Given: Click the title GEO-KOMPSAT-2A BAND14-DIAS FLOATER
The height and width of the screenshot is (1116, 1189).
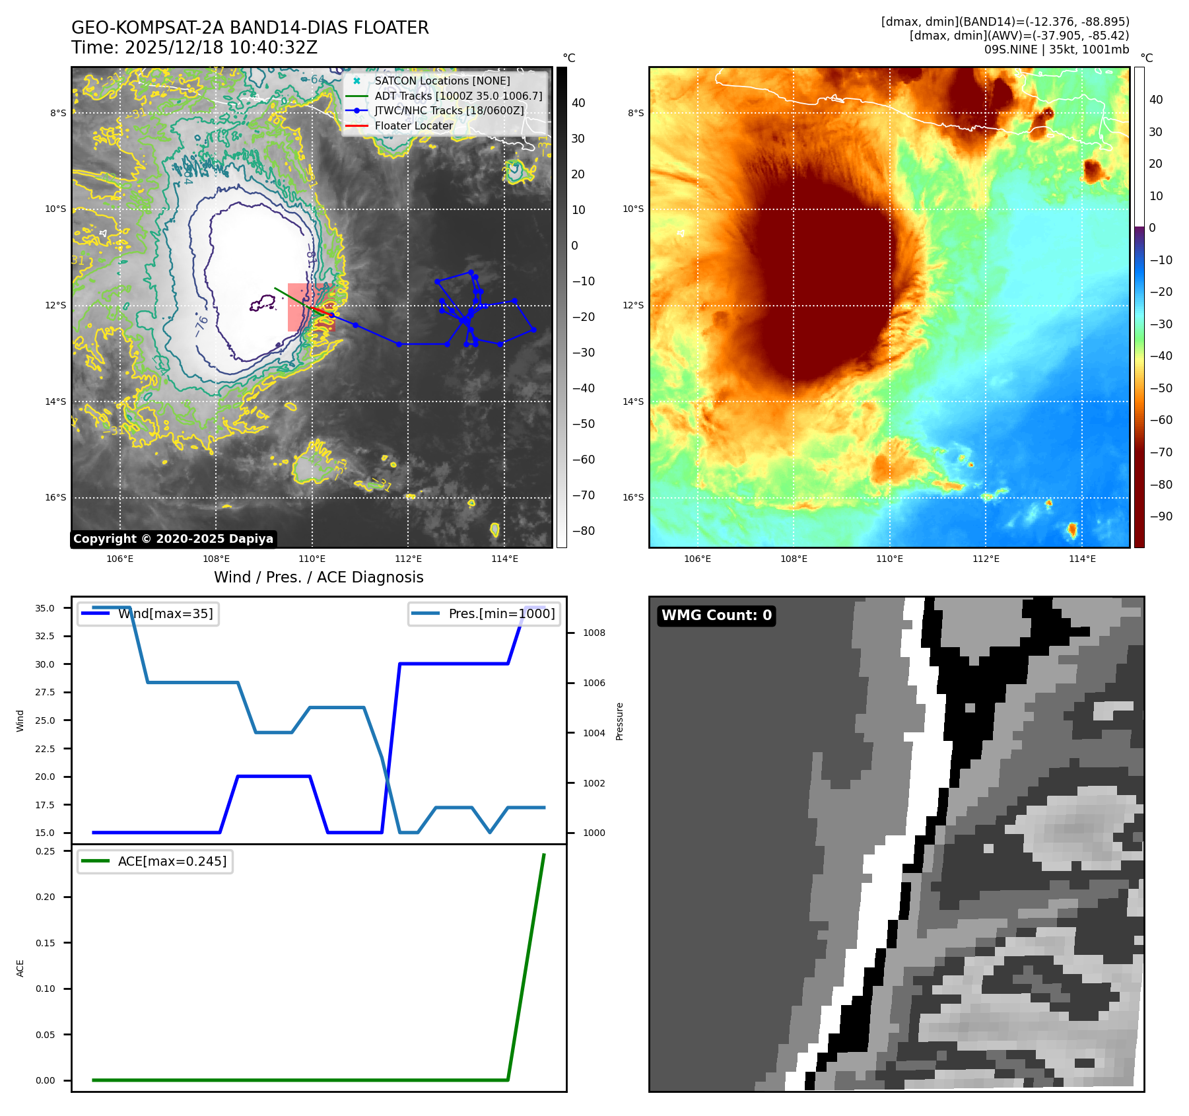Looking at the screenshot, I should tap(250, 28).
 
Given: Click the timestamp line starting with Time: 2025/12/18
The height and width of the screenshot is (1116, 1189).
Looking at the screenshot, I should tap(194, 48).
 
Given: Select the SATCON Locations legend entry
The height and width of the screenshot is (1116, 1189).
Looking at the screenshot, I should tap(442, 81).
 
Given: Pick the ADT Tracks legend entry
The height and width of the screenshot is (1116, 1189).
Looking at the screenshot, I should tap(458, 96).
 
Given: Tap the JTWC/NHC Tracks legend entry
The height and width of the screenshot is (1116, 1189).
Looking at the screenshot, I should tap(449, 110).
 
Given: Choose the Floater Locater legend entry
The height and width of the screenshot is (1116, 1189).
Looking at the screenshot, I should tap(413, 125).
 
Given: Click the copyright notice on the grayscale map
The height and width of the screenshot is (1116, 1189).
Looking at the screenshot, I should tap(173, 539).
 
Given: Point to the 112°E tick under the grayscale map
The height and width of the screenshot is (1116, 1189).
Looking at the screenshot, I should tap(408, 559).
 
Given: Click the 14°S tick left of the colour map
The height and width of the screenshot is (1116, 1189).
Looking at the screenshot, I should tap(633, 401).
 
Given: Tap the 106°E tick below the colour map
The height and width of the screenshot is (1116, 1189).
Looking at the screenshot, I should tap(697, 559).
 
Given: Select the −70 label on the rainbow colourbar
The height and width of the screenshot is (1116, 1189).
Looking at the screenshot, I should tap(1161, 452).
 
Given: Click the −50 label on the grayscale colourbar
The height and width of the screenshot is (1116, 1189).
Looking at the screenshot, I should tap(583, 424).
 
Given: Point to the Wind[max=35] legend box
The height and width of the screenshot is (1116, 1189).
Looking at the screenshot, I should tap(149, 613).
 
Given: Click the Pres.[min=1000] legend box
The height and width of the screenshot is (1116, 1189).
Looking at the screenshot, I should tap(485, 613).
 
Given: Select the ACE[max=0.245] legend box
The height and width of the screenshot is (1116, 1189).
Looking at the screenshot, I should tap(155, 861).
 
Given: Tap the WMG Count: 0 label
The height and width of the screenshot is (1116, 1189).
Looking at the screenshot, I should tap(716, 615).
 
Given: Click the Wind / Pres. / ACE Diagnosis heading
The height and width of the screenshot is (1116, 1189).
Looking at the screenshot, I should tap(318, 577).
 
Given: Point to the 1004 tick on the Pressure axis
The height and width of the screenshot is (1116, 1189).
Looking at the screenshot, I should tap(594, 733).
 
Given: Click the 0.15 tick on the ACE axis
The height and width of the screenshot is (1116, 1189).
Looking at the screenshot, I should tap(46, 943).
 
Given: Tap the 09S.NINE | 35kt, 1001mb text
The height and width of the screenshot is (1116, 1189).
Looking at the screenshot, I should tap(1056, 50).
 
